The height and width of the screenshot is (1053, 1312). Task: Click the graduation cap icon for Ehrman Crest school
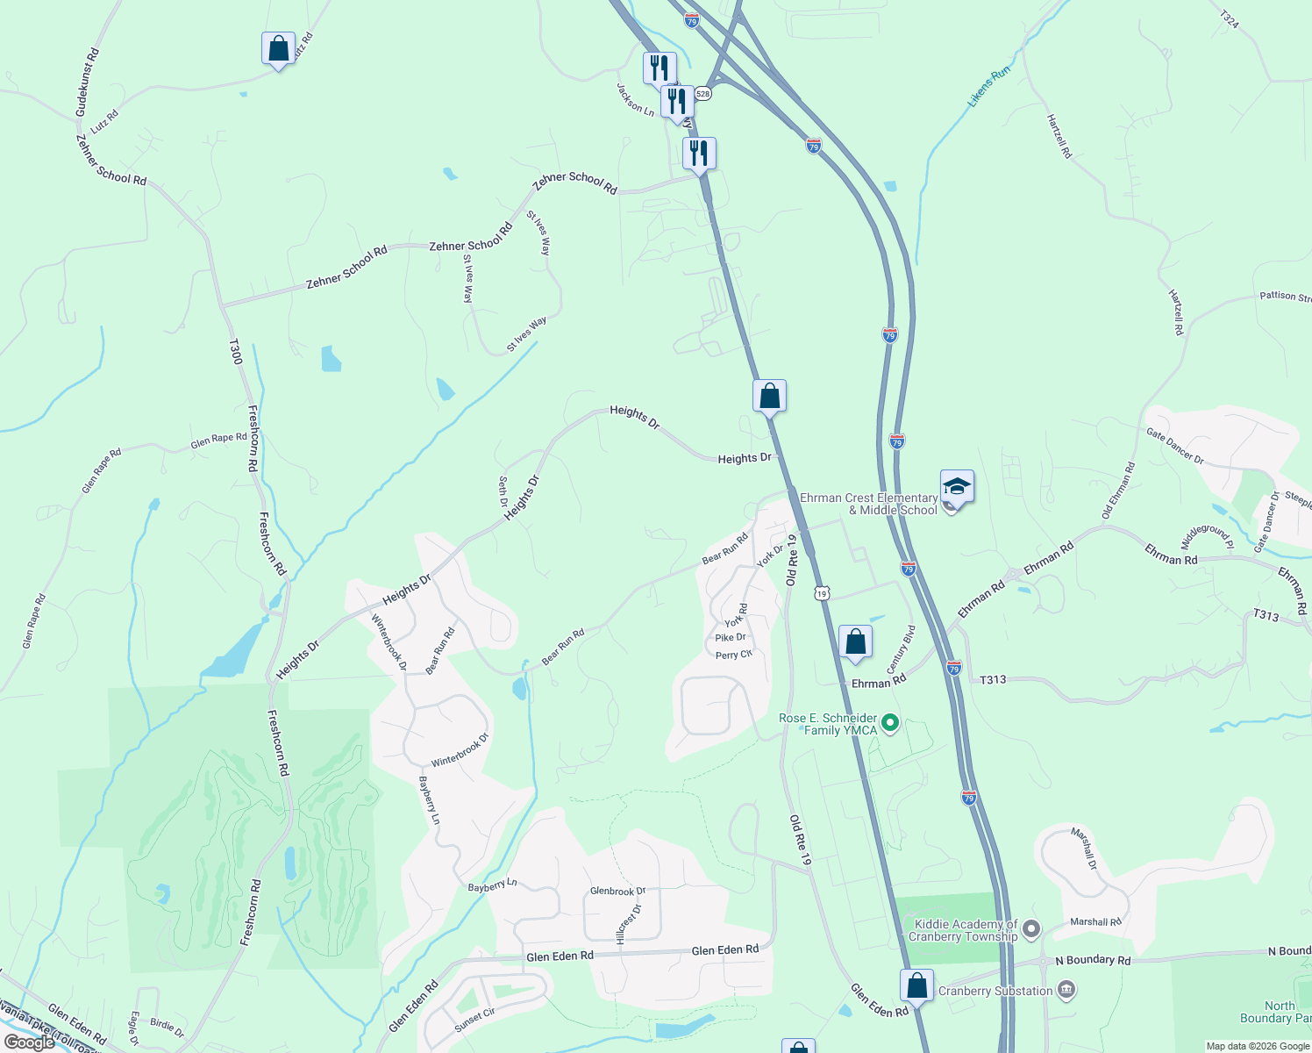pos(957,487)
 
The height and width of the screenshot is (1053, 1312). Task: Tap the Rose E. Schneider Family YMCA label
pos(827,724)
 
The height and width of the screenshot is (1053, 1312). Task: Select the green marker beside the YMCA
pos(890,723)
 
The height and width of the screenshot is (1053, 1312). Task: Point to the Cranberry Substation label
pos(995,991)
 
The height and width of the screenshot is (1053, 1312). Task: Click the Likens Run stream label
pos(989,87)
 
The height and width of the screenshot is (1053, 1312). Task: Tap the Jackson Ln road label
pos(635,100)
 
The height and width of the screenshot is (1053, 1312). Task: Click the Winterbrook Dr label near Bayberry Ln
pos(460,750)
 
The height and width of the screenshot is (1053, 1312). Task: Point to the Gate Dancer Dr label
pos(1175,446)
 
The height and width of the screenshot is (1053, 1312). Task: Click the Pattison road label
pos(1285,297)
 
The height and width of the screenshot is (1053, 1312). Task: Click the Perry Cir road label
pos(733,655)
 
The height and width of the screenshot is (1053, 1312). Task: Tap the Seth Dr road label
pos(503,491)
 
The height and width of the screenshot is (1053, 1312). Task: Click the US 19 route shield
pos(822,594)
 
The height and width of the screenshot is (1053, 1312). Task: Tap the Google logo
pos(29,1042)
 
